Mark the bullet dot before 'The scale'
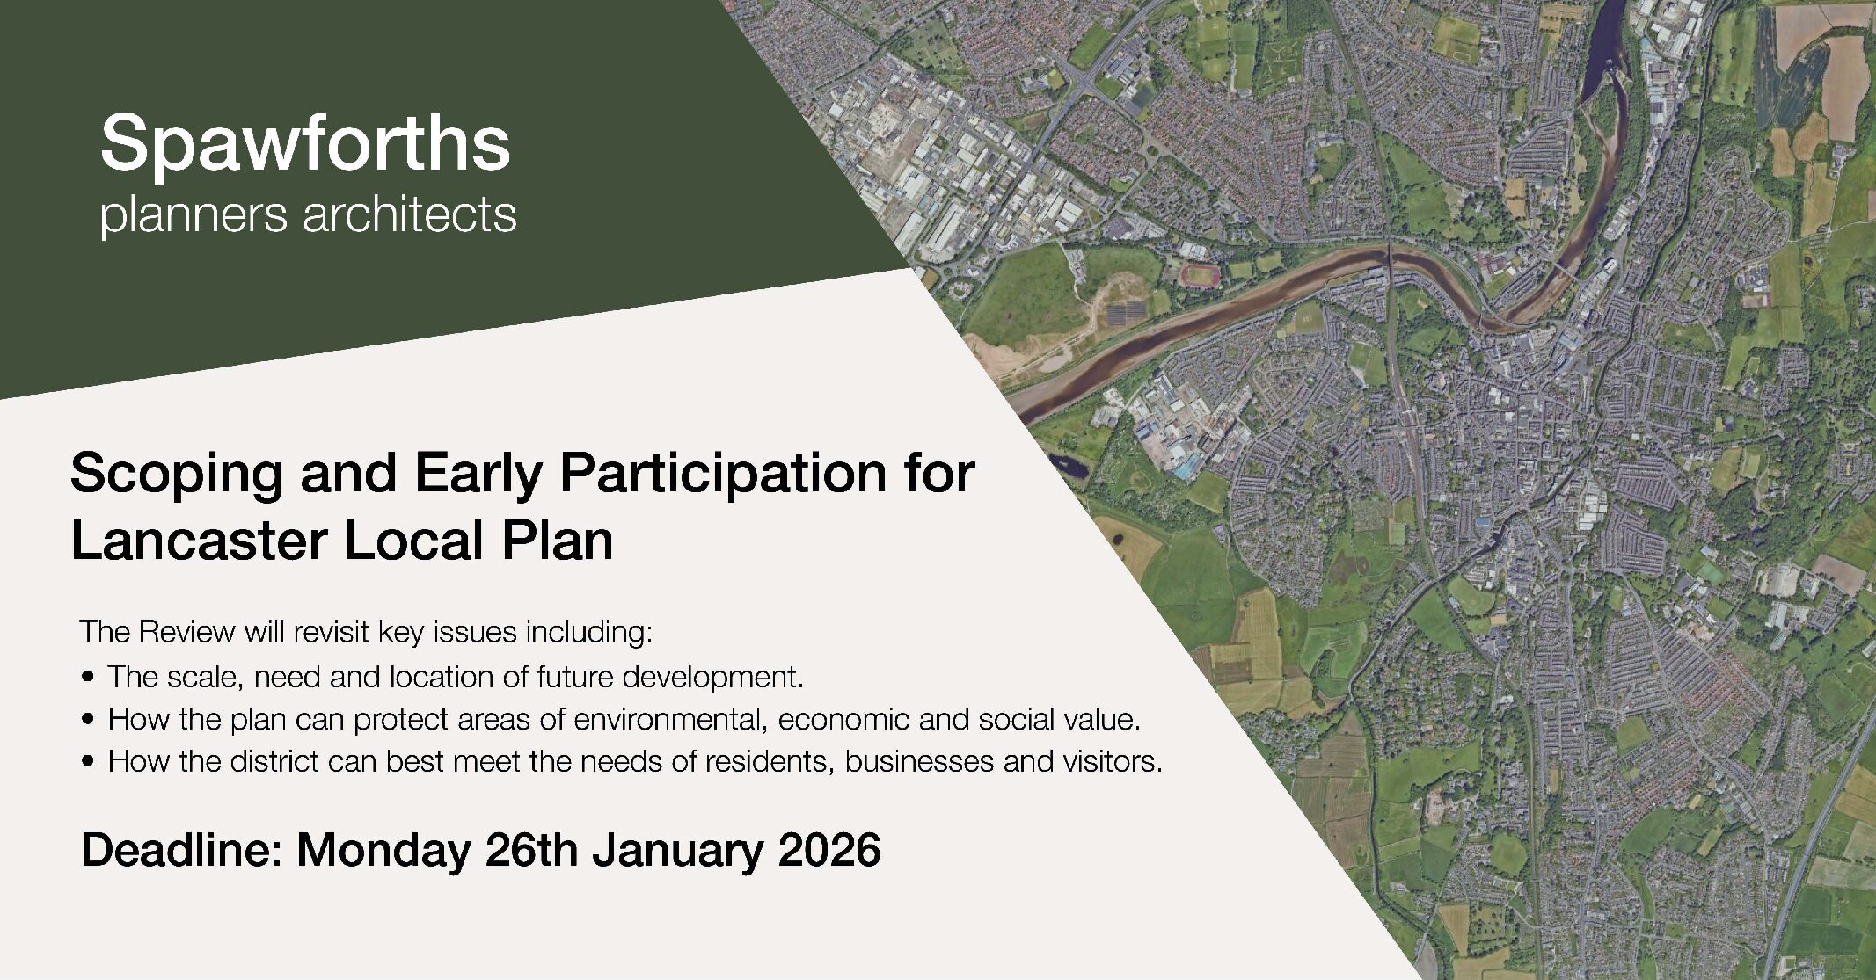87,678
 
